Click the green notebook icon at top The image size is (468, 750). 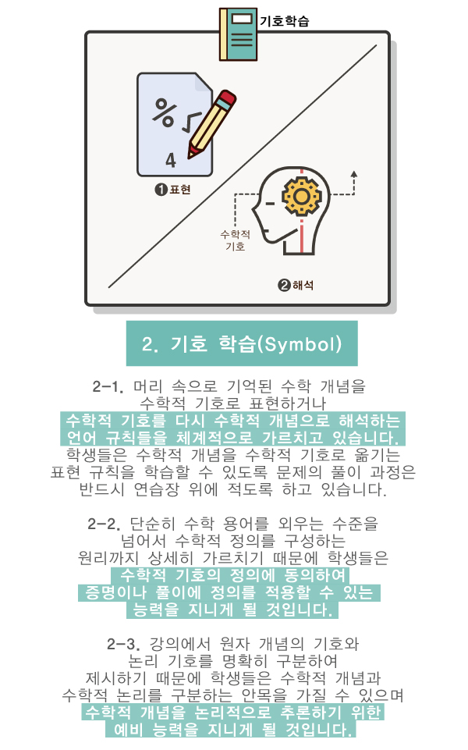point(238,34)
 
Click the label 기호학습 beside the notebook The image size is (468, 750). point(285,21)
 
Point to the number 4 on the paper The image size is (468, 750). point(171,160)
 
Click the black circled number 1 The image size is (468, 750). point(161,190)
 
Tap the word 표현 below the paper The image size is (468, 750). point(180,190)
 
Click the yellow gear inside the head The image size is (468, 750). point(301,196)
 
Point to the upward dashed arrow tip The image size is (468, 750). point(354,173)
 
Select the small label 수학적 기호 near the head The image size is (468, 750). point(236,240)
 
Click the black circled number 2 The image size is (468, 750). point(284,285)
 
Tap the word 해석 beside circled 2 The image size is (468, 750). point(303,285)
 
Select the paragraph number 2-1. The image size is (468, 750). point(108,386)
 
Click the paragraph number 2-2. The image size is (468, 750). point(105,524)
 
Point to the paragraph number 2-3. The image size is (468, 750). point(123,644)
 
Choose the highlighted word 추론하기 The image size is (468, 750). point(311,713)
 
